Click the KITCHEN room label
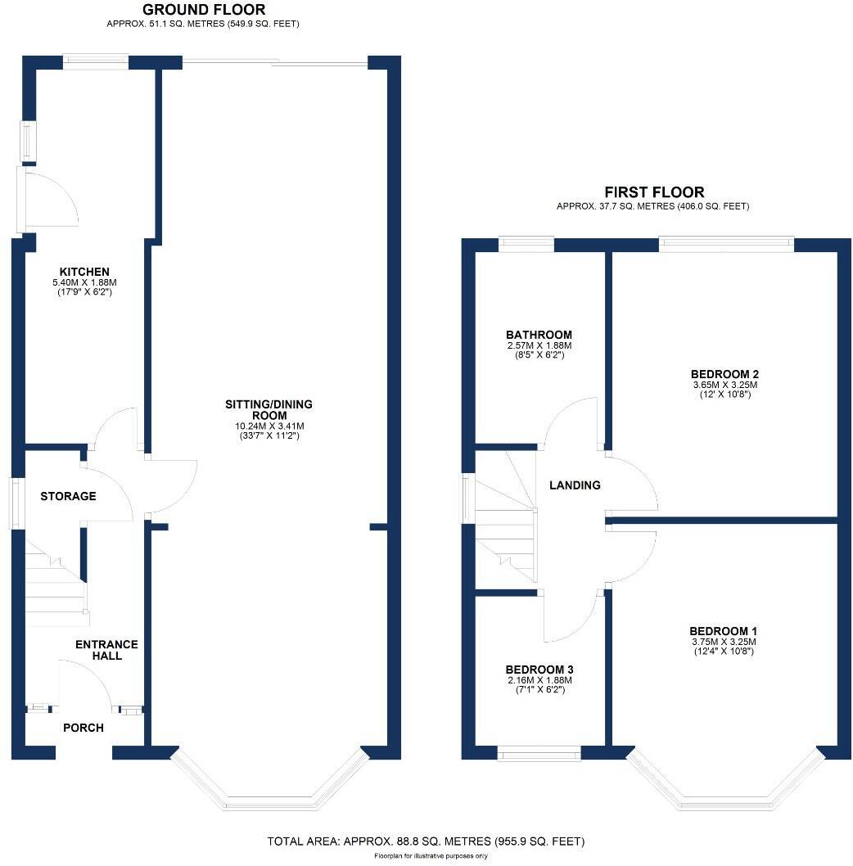coord(84,272)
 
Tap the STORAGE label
coord(68,496)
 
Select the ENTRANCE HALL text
coord(106,650)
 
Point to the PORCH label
coord(83,728)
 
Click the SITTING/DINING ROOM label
coord(269,410)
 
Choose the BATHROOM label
coord(539,335)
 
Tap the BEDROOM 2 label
coord(724,374)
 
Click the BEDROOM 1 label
coord(723,631)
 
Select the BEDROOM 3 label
coord(538,668)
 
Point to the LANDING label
coord(575,485)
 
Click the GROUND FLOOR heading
coord(203,10)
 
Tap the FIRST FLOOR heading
coord(652,192)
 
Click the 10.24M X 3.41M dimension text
coord(269,426)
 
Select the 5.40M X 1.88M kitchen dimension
coord(84,282)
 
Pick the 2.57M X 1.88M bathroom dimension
coord(539,345)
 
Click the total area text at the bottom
coord(426,841)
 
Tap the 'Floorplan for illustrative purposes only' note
coord(431,856)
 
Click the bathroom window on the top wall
coord(526,243)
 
